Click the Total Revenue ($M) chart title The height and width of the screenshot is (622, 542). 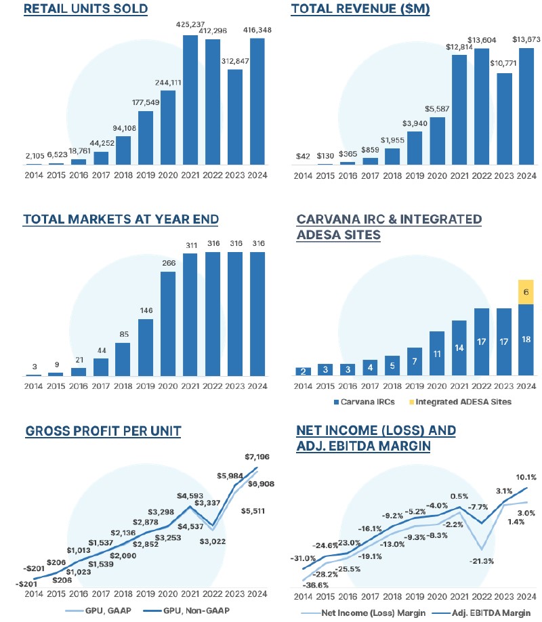pos(352,9)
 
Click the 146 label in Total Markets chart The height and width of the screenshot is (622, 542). pos(146,312)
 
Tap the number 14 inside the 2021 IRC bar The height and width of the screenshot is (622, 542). pos(459,348)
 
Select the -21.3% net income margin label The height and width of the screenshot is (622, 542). pos(481,560)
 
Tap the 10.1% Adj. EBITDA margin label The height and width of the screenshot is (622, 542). pos(526,476)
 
